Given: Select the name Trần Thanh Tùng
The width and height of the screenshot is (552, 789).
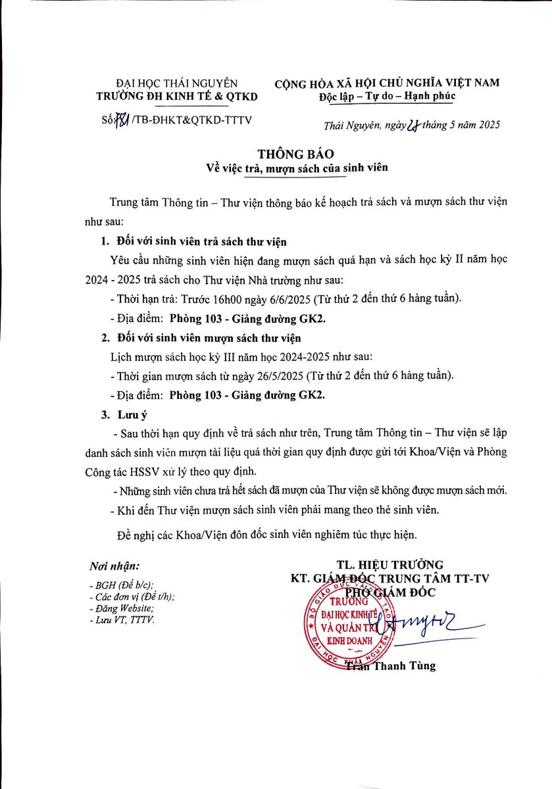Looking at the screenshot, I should [x=391, y=666].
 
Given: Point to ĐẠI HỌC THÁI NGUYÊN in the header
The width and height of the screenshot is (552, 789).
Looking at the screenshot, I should [x=176, y=84].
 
